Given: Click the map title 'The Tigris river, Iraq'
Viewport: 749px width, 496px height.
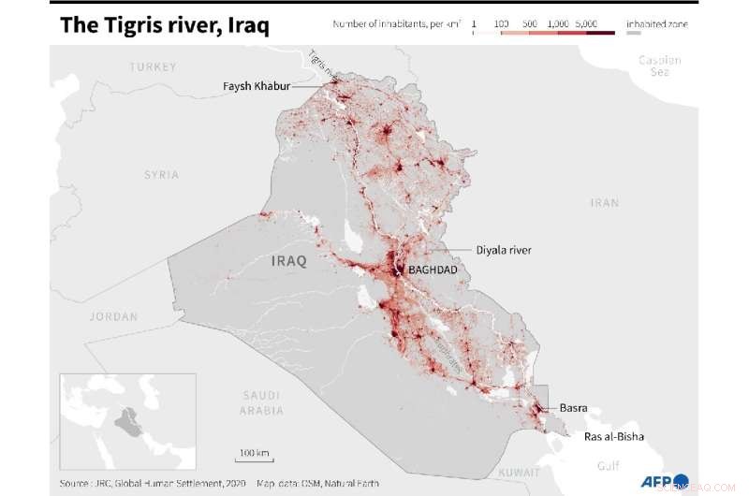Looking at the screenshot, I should click(x=164, y=25).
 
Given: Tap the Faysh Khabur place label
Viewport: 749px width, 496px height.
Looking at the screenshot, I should click(x=256, y=86).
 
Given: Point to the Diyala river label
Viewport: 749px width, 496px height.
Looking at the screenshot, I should click(x=504, y=250).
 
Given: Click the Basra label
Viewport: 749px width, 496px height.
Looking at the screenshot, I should click(x=573, y=408).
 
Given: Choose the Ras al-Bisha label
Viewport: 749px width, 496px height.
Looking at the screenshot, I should click(x=614, y=436).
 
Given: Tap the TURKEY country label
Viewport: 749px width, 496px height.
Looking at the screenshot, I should click(x=154, y=66).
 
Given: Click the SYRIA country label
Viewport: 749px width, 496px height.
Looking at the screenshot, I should click(x=161, y=175).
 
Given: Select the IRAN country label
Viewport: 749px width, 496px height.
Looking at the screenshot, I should click(x=604, y=202).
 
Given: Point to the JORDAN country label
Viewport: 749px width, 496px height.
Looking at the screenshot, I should click(x=113, y=316).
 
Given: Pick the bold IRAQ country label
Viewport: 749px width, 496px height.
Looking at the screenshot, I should click(x=288, y=260).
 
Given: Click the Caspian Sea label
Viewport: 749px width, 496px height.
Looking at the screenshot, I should click(x=660, y=66).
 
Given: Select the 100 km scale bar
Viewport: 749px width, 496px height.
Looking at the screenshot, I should click(x=254, y=457).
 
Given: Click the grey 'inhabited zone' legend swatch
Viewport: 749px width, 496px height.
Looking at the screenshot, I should click(x=634, y=33).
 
